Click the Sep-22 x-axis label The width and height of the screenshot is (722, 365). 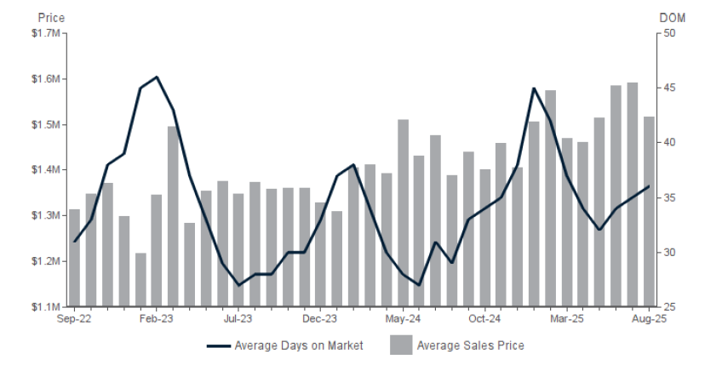pyautogui.click(x=74, y=319)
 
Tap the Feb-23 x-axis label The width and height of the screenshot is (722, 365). pyautogui.click(x=157, y=319)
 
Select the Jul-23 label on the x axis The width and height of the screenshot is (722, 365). pyautogui.click(x=238, y=319)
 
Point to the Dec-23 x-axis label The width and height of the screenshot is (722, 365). pyautogui.click(x=321, y=319)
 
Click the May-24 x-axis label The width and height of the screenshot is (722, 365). pyautogui.click(x=404, y=319)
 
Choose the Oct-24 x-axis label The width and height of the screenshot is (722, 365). pyautogui.click(x=484, y=319)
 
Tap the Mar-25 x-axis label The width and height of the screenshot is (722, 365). pyautogui.click(x=566, y=319)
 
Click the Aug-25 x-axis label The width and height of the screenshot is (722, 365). pyautogui.click(x=649, y=319)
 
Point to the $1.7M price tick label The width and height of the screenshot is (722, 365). pyautogui.click(x=45, y=33)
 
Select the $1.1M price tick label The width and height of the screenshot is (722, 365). pyautogui.click(x=45, y=306)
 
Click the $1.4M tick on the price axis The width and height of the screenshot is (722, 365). pyautogui.click(x=45, y=170)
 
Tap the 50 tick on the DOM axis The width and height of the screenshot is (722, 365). pyautogui.click(x=668, y=33)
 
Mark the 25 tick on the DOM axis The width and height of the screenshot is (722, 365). pyautogui.click(x=668, y=306)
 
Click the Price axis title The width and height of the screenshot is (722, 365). pyautogui.click(x=51, y=17)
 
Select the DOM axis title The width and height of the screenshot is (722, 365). pyautogui.click(x=672, y=17)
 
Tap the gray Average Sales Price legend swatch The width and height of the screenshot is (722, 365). pyautogui.click(x=401, y=345)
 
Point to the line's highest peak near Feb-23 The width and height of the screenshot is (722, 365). pyautogui.click(x=157, y=77)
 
